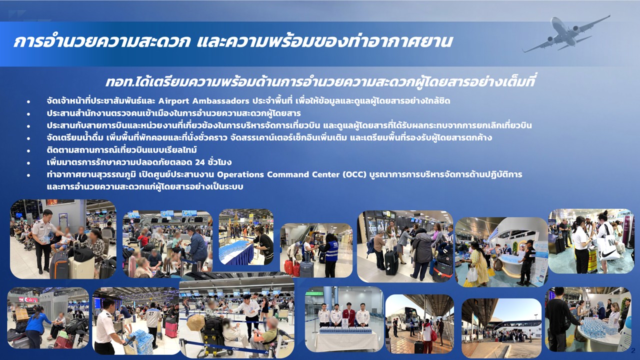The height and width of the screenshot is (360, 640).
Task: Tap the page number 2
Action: pos(633,350)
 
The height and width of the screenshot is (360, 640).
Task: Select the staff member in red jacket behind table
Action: pos(348,315)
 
